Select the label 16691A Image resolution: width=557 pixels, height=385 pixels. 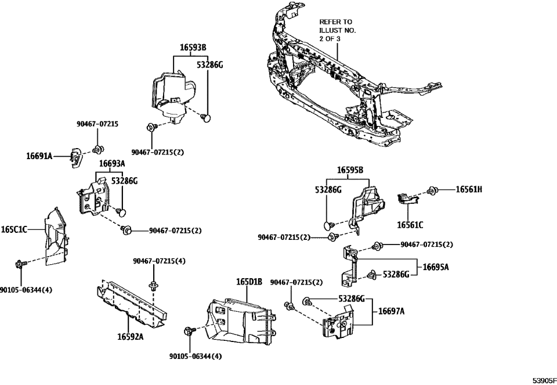tap(39, 156)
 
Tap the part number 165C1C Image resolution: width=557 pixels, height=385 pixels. tap(14, 230)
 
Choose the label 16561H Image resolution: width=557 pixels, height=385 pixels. tap(468, 189)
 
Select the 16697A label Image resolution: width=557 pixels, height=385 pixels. tap(392, 311)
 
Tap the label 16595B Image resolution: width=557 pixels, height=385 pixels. tap(350, 171)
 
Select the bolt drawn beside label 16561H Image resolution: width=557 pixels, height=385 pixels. tap(432, 189)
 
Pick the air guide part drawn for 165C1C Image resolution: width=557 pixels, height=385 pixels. tap(55, 238)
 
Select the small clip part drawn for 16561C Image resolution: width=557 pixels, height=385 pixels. tap(408, 199)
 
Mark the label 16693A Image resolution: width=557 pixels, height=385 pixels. tap(111, 164)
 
